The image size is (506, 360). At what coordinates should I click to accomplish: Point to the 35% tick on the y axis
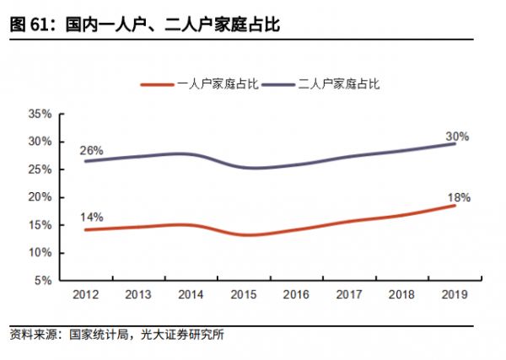point(41,114)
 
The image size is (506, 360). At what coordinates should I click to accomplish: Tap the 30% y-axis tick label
point(41,142)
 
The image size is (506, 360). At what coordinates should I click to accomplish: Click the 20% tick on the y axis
point(41,197)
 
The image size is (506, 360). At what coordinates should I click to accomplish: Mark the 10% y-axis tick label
point(41,253)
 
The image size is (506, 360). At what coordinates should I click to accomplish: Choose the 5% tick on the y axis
point(44,281)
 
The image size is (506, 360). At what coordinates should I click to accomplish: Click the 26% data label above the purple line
point(91,151)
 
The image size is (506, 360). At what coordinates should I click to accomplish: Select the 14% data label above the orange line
point(91,217)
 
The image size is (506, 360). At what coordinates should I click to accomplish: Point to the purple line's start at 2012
point(87,161)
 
